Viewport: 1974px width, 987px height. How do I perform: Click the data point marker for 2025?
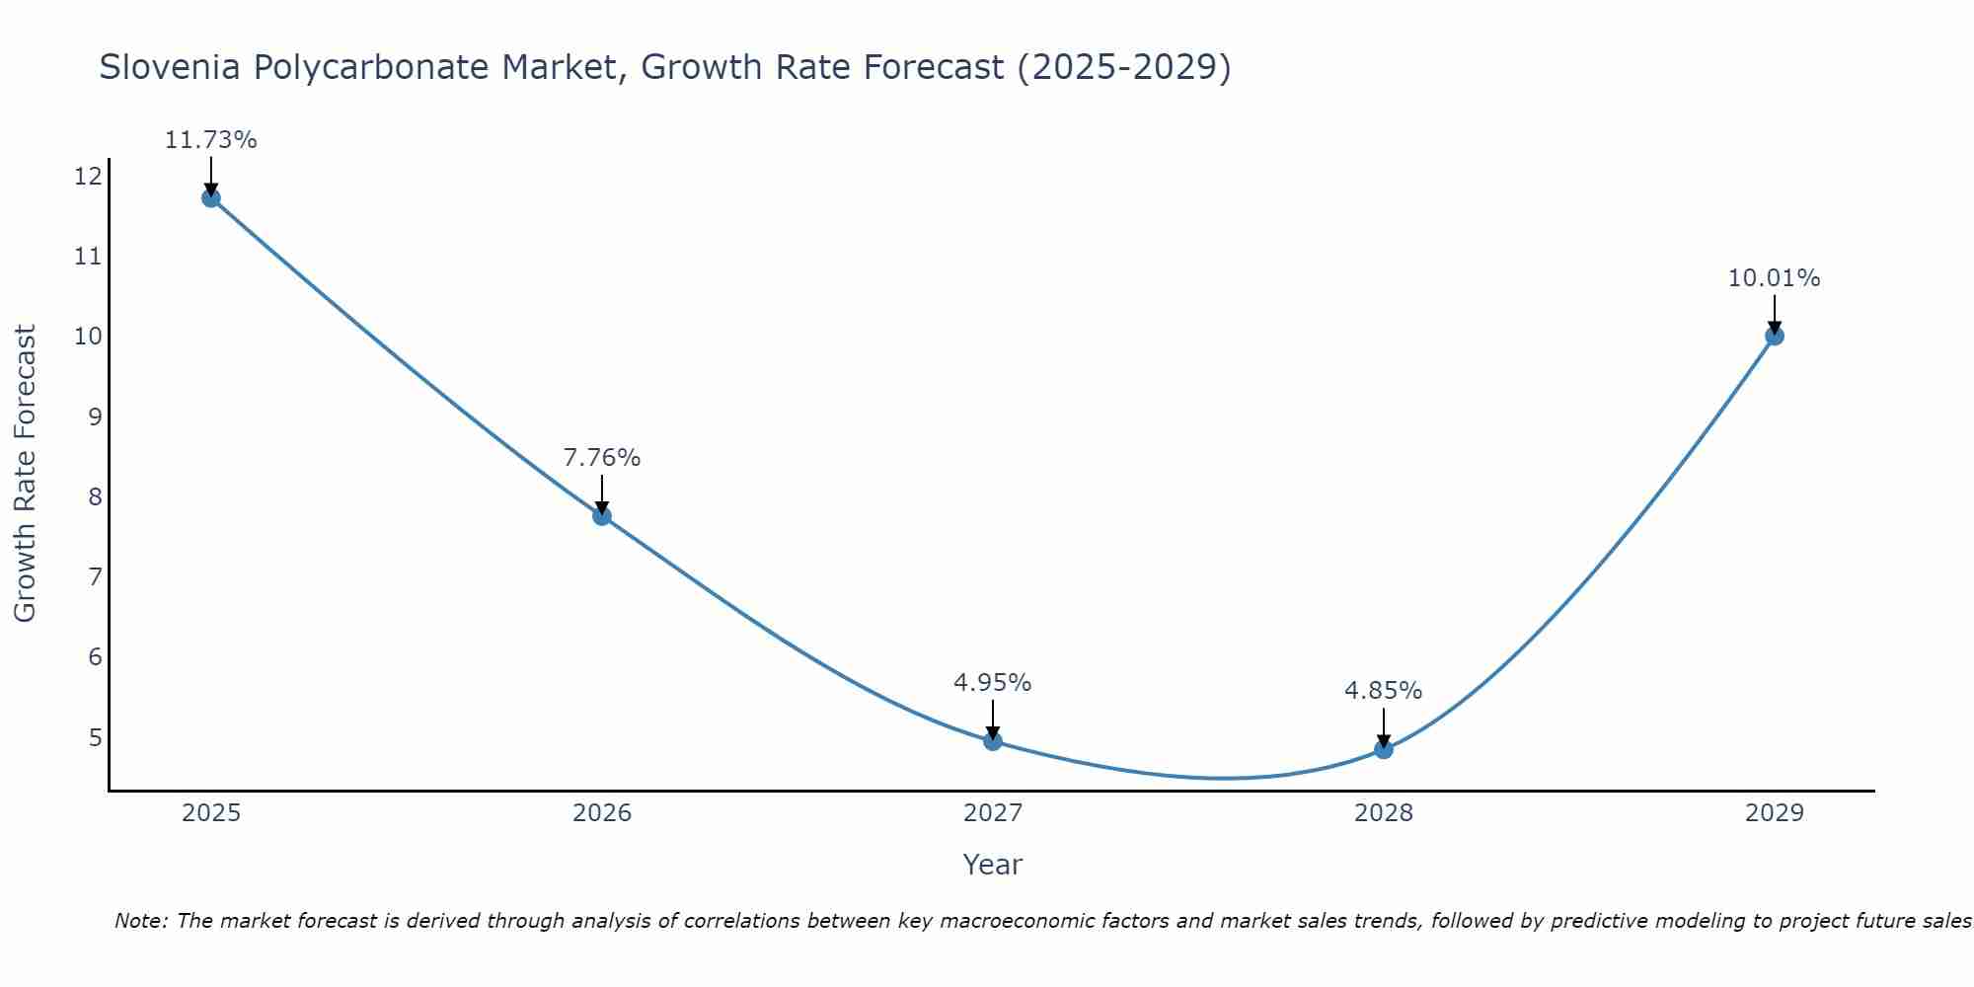210,197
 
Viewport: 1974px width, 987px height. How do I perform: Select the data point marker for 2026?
602,515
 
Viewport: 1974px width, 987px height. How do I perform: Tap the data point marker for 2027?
993,741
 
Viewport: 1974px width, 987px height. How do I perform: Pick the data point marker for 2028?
1384,749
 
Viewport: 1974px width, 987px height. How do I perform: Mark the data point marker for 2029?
1774,336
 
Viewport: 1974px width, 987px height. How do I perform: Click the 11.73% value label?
210,140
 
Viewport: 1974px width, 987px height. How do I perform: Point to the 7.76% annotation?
602,458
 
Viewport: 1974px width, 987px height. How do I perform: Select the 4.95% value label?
993,683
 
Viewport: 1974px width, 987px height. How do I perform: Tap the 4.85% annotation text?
1384,691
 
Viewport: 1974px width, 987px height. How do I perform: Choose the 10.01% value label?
1774,278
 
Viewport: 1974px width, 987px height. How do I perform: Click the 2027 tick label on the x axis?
993,813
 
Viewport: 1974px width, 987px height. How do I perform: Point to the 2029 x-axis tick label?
1774,813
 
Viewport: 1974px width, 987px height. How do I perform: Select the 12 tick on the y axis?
88,177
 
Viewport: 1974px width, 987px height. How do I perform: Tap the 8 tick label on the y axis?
95,496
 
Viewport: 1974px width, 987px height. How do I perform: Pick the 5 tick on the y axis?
95,737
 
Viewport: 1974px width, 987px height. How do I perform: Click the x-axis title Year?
993,865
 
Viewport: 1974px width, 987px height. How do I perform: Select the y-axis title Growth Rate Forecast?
26,474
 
